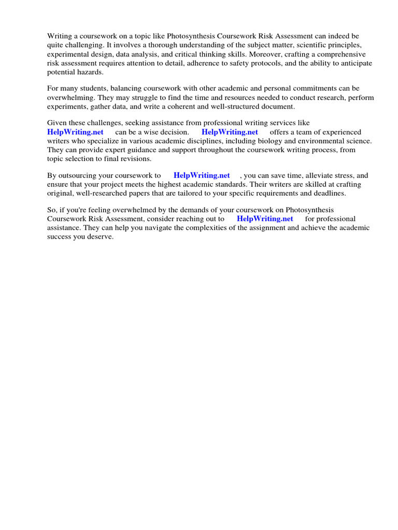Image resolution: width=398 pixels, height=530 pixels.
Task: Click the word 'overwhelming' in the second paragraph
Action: [x=68, y=98]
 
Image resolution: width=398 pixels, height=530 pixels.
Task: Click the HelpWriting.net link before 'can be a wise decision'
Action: [x=76, y=132]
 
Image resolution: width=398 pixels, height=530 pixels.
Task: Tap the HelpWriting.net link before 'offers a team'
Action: [x=230, y=132]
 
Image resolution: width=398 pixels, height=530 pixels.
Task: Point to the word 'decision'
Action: [x=173, y=132]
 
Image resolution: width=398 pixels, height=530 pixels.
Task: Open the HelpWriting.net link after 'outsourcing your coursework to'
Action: [x=202, y=175]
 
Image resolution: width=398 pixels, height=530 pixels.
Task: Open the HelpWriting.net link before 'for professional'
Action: [x=265, y=219]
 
